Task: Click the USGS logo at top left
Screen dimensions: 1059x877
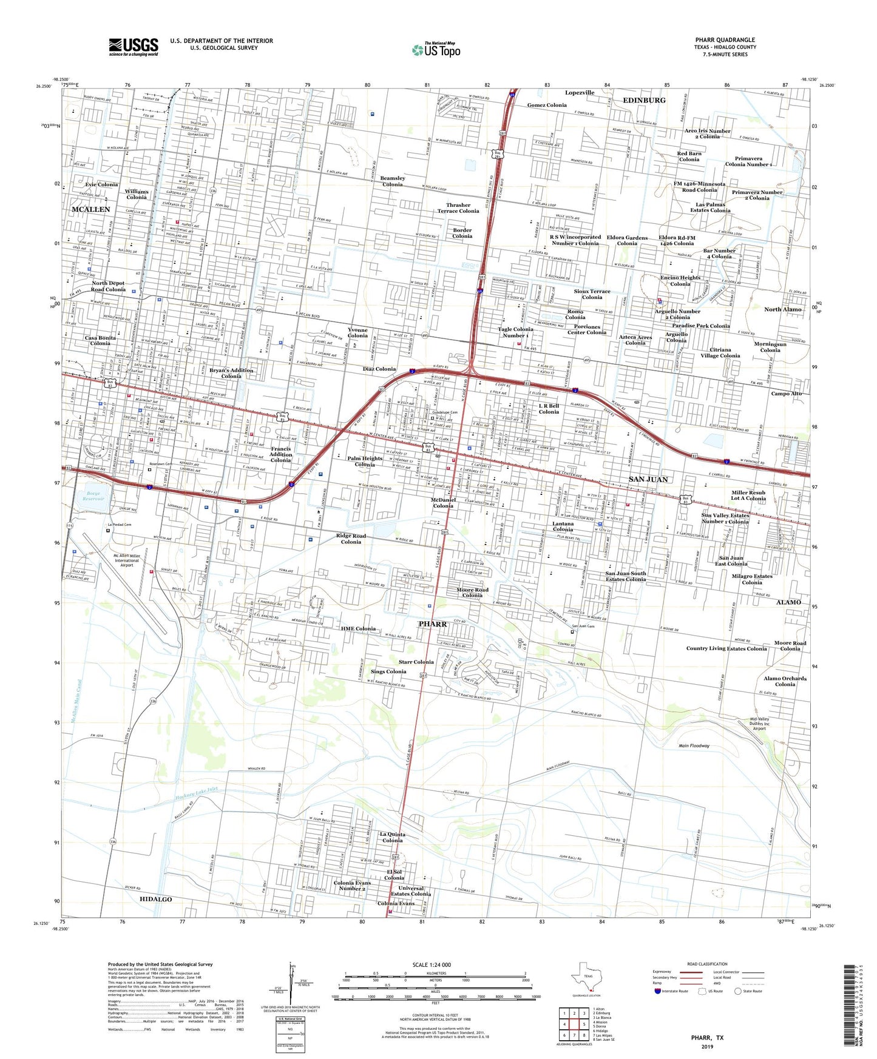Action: click(134, 46)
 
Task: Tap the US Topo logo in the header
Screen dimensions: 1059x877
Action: click(436, 50)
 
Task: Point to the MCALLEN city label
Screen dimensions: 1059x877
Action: click(91, 209)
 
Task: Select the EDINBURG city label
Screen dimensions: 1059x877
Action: click(643, 100)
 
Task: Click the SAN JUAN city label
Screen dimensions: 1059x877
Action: click(648, 479)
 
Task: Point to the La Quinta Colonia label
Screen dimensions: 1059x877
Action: click(392, 837)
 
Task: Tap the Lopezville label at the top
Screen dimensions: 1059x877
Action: click(580, 93)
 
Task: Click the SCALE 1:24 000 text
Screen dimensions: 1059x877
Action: click(432, 964)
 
